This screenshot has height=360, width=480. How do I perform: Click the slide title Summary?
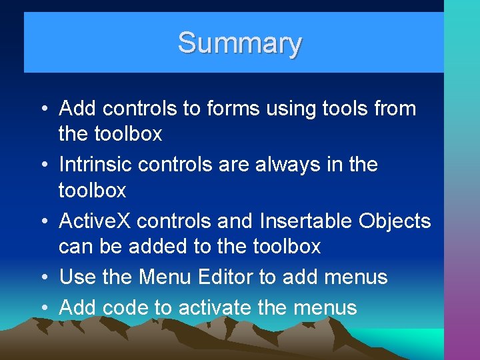[239, 43]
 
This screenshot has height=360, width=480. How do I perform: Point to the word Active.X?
[97, 221]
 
